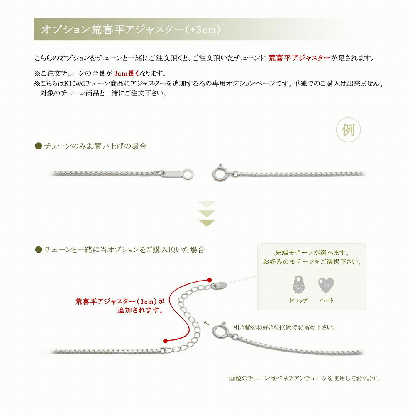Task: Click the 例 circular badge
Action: pos(348,131)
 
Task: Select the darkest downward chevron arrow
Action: pos(207,223)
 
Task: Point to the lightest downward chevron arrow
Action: pos(207,205)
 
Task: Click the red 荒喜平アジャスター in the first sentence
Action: pos(299,58)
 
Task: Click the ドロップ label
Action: pos(299,300)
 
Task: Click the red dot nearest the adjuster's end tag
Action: pos(209,280)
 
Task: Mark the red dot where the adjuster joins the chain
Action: pos(165,340)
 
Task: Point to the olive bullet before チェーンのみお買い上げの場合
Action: pos(38,146)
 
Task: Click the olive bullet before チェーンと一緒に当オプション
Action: pos(38,249)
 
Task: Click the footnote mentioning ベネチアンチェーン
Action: pos(305,378)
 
